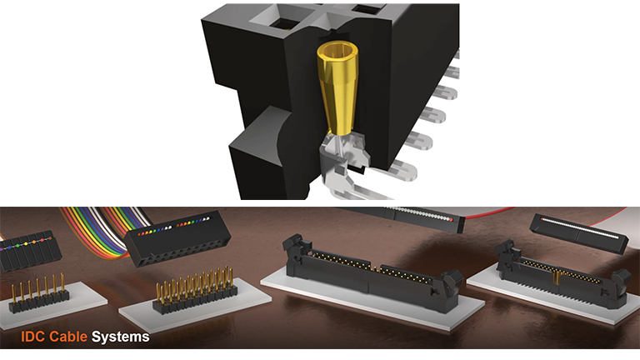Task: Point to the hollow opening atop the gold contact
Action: click(x=337, y=51)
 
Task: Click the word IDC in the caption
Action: click(x=32, y=337)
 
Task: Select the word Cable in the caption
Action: click(x=68, y=337)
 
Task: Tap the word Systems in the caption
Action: click(x=120, y=337)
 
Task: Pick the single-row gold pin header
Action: click(x=39, y=294)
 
